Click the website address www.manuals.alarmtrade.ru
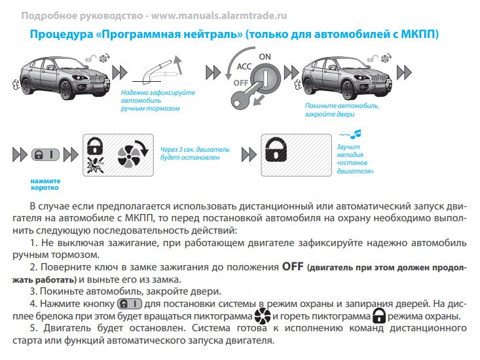(219, 15)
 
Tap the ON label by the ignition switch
(265, 57)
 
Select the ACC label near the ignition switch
(244, 66)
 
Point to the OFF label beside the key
(241, 83)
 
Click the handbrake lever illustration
(159, 71)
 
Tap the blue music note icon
(356, 134)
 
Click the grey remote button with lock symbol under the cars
(45, 154)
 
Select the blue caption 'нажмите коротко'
(45, 185)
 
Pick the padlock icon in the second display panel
(276, 150)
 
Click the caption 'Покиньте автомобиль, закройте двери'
(342, 110)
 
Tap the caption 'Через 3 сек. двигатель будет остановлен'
(194, 154)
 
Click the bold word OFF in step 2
(293, 266)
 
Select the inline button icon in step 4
(130, 304)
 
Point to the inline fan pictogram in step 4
(263, 316)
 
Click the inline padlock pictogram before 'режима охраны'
(379, 315)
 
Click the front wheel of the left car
(67, 90)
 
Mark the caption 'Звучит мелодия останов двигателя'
(355, 159)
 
